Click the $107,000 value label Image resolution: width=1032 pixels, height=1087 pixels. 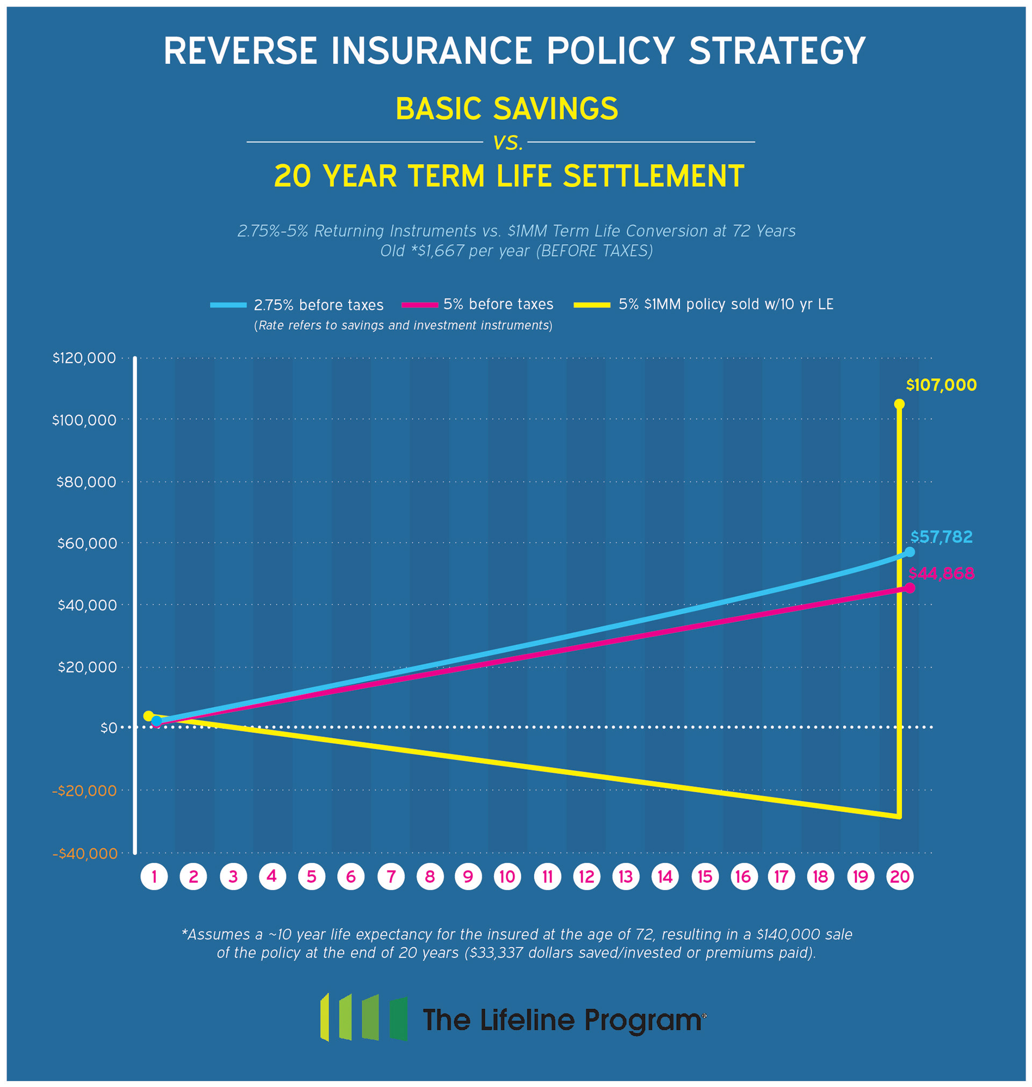(x=941, y=385)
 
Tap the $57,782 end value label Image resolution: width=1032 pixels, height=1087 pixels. (x=941, y=537)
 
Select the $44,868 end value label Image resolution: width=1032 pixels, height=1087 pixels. (x=941, y=573)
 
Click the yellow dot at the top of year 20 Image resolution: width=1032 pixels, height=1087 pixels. (x=899, y=404)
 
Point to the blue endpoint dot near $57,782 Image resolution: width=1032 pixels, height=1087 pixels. (x=910, y=551)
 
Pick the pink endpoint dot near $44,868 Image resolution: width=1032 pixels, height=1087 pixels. (x=910, y=588)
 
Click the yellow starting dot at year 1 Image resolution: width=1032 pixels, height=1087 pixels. (x=148, y=715)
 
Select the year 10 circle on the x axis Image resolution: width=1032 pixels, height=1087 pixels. (x=507, y=876)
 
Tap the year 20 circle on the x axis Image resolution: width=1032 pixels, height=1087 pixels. (x=900, y=876)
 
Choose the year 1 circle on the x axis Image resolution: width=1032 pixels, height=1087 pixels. (x=154, y=876)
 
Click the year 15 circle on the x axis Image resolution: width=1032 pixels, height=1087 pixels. (x=705, y=876)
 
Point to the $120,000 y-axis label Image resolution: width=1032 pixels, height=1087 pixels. (x=84, y=358)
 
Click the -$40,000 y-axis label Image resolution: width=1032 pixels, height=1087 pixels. (x=85, y=854)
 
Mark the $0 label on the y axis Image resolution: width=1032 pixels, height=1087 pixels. (x=109, y=728)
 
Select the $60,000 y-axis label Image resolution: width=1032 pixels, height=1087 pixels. (x=87, y=544)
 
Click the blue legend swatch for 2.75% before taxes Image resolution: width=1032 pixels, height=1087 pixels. (x=228, y=305)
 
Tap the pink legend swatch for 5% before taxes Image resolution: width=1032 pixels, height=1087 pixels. (x=420, y=304)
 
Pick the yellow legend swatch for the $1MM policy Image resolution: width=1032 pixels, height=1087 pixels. (x=592, y=304)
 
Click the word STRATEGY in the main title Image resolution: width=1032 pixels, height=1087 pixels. (x=777, y=51)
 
